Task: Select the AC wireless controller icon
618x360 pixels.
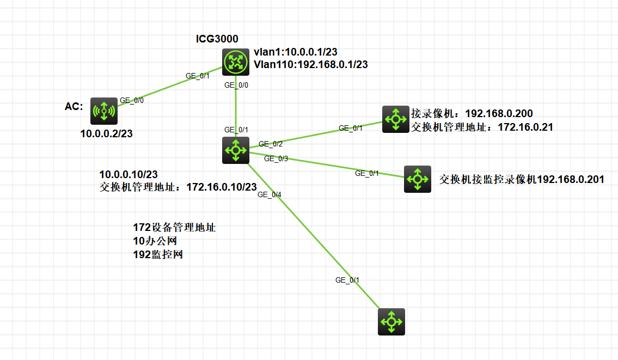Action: point(104,111)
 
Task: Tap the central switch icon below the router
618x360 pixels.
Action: point(236,150)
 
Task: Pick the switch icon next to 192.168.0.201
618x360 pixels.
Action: point(418,179)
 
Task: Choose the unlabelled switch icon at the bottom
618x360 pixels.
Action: point(391,321)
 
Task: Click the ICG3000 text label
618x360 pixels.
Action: point(217,39)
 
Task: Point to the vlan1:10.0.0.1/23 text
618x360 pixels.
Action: point(296,52)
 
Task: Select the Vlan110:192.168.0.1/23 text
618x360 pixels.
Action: point(310,64)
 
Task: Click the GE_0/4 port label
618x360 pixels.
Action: point(270,194)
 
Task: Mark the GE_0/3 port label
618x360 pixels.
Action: point(276,158)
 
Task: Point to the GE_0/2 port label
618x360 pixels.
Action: point(270,144)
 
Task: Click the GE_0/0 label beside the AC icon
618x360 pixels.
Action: point(132,100)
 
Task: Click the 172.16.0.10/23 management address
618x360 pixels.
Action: point(222,187)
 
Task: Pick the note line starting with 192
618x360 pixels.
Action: point(158,254)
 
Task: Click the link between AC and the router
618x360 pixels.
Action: point(169,87)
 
